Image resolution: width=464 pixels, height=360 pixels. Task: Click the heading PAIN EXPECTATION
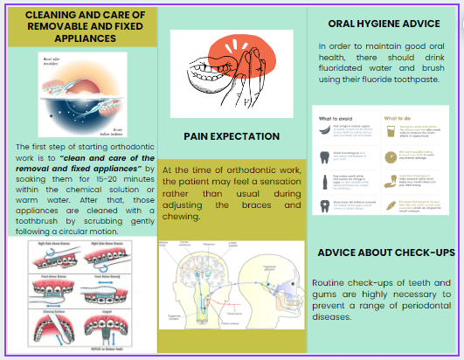coord(232,136)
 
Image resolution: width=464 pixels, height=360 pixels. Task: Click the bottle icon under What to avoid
coord(324,181)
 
